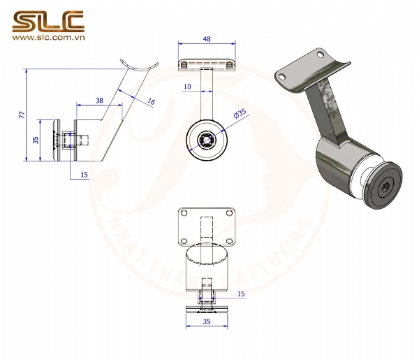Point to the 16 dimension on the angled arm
[151, 102]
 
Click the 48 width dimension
[206, 40]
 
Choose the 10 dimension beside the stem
[186, 87]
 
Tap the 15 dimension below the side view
[84, 174]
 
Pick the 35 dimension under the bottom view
[206, 322]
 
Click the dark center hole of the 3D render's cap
[386, 187]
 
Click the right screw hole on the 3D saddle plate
[321, 54]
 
